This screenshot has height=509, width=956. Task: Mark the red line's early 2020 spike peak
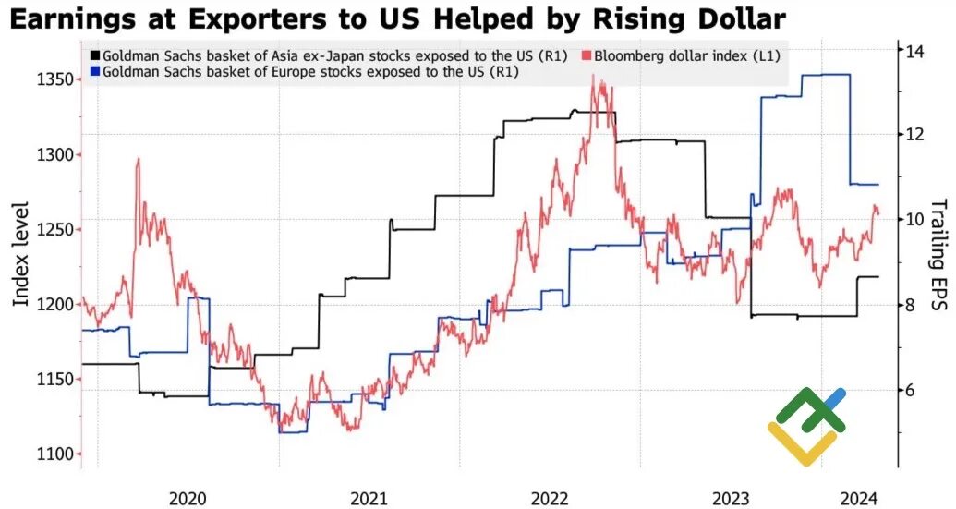click(138, 160)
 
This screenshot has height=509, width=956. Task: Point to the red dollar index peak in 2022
click(593, 76)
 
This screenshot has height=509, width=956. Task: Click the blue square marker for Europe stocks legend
click(95, 71)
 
